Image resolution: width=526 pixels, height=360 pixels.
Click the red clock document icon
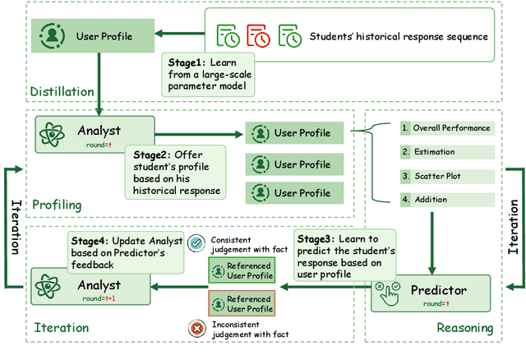257,35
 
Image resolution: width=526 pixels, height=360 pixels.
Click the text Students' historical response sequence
399,36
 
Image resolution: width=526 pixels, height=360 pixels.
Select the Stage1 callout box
205,76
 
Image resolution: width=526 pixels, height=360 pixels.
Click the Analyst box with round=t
95,135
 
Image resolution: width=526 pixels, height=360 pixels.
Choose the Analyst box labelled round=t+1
95,288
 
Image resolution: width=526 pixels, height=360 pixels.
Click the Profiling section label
57,203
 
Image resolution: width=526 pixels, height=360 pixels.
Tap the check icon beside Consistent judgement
195,243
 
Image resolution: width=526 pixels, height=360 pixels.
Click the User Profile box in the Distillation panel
93,36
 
